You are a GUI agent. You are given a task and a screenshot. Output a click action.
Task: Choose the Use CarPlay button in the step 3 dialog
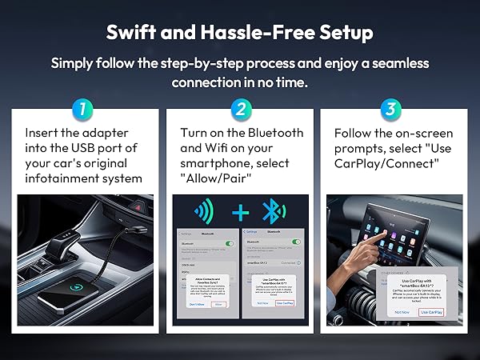(430, 311)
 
